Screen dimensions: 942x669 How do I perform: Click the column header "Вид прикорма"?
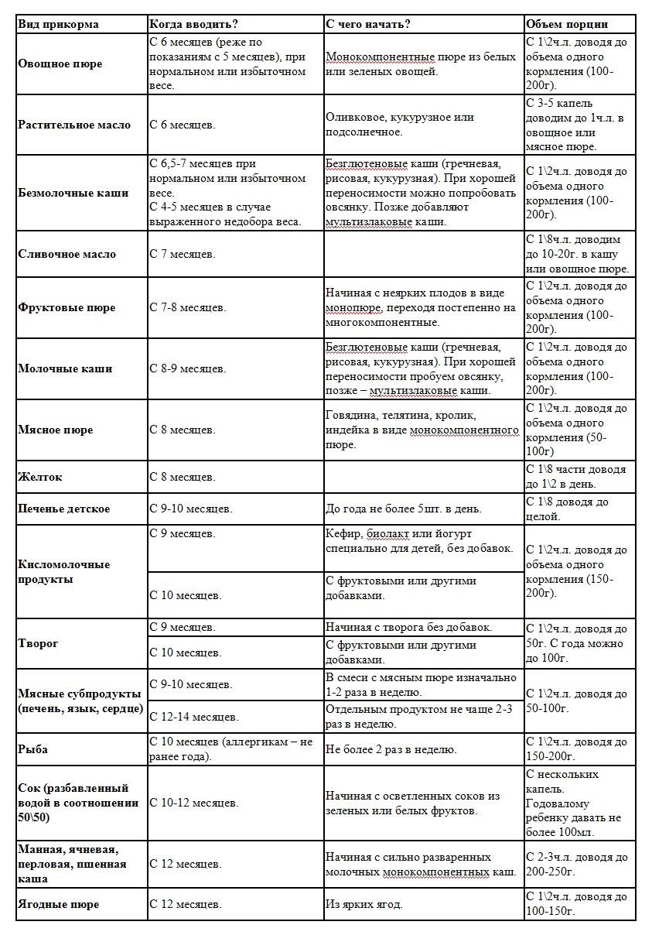[59, 24]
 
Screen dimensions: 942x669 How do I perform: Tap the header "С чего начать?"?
[368, 24]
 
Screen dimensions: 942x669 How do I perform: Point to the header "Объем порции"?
[567, 24]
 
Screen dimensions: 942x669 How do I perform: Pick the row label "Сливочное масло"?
[67, 254]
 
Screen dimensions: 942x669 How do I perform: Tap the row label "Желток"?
[40, 477]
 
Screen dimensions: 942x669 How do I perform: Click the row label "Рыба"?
[33, 749]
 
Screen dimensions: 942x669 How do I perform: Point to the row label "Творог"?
[39, 643]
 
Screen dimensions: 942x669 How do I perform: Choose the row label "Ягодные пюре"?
[59, 904]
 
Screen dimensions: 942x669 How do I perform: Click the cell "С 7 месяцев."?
[182, 254]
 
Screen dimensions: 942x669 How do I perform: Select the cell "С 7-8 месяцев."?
[188, 307]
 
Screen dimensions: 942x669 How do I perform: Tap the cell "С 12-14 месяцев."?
[194, 718]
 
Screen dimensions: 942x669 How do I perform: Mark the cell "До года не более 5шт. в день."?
[404, 509]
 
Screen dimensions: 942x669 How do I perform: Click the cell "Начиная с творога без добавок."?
[409, 627]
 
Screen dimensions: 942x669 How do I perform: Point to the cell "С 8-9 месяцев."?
[188, 368]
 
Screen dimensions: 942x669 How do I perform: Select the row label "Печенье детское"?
[64, 509]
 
